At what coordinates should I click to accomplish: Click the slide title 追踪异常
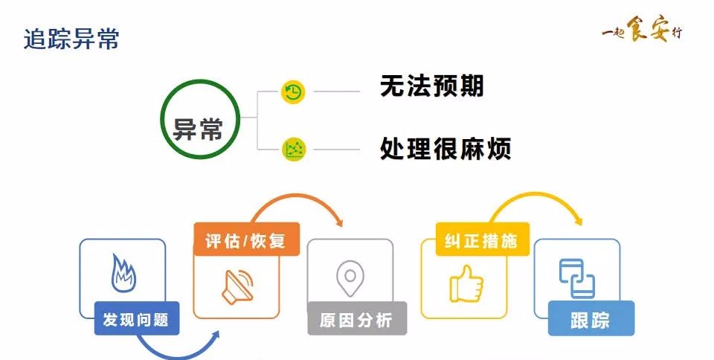click(x=71, y=39)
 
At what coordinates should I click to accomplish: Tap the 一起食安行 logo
click(x=640, y=32)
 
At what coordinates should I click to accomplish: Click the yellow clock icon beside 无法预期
click(x=294, y=92)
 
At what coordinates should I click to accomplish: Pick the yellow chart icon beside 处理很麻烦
click(x=294, y=150)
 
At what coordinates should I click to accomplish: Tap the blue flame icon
click(x=123, y=274)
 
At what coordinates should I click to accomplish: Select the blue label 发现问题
click(x=136, y=321)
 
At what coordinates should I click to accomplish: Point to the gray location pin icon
click(x=350, y=277)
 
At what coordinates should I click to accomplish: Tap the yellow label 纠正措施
click(x=475, y=241)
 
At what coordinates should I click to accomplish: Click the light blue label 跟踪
click(x=591, y=321)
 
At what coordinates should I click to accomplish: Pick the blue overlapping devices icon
click(x=577, y=276)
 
